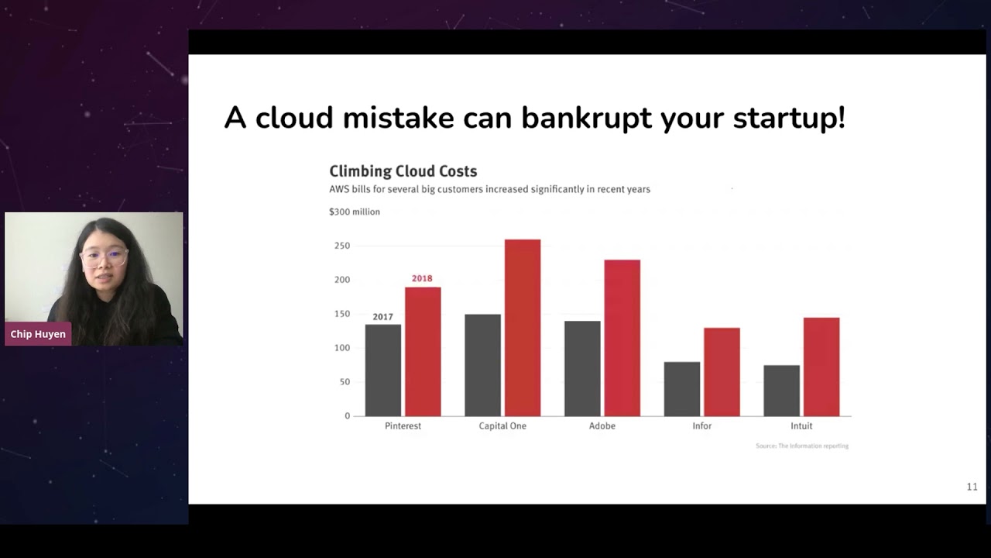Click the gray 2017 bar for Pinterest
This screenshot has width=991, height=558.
coord(383,370)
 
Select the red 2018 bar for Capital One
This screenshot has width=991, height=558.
coord(523,327)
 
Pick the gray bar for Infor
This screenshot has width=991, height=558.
coord(682,388)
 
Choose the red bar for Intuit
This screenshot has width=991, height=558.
coord(821,367)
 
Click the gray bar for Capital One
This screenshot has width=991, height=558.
coord(482,364)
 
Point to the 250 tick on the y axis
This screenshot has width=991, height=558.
coord(341,246)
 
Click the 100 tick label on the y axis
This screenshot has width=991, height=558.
coord(341,348)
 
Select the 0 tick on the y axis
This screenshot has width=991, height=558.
coord(347,416)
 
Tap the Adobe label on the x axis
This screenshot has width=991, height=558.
coord(602,426)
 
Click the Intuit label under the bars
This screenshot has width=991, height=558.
coord(801,426)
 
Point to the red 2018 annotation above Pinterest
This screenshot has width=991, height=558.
coord(422,278)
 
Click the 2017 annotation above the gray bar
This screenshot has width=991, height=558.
coord(382,317)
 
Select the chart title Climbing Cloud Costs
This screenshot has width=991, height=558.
coord(403,171)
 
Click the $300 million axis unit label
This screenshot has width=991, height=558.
coord(355,212)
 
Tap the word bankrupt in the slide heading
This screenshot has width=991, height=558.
coord(586,118)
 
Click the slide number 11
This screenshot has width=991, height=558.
coord(972,487)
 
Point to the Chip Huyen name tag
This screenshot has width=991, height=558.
coord(38,334)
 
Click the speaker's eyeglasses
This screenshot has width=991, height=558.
coord(106,255)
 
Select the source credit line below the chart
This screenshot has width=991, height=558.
coord(802,446)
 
